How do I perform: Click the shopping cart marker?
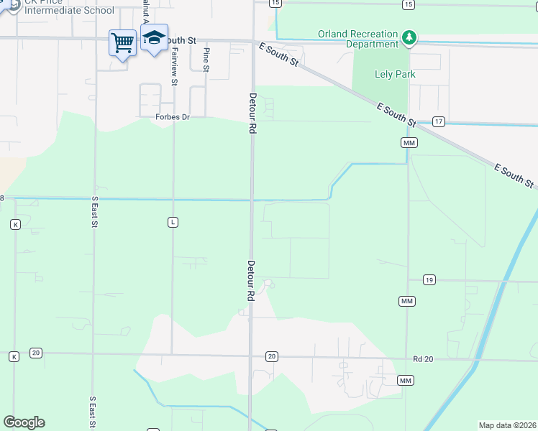pyautogui.click(x=122, y=42)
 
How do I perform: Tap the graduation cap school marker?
pyautogui.click(x=153, y=38)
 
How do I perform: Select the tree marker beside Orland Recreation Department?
pyautogui.click(x=409, y=37)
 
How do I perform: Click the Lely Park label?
pyautogui.click(x=395, y=74)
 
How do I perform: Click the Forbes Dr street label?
pyautogui.click(x=172, y=117)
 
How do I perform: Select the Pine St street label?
pyautogui.click(x=206, y=60)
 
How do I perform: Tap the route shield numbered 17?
pyautogui.click(x=439, y=121)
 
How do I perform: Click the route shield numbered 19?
pyautogui.click(x=429, y=279)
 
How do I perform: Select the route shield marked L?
pyautogui.click(x=173, y=223)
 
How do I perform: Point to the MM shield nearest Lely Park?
pyautogui.click(x=409, y=144)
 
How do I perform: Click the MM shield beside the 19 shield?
pyautogui.click(x=406, y=300)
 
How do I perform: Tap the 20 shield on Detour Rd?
pyautogui.click(x=271, y=356)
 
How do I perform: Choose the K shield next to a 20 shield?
pyautogui.click(x=14, y=356)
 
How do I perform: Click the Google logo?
pyautogui.click(x=24, y=422)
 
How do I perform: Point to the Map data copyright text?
pyautogui.click(x=507, y=425)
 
